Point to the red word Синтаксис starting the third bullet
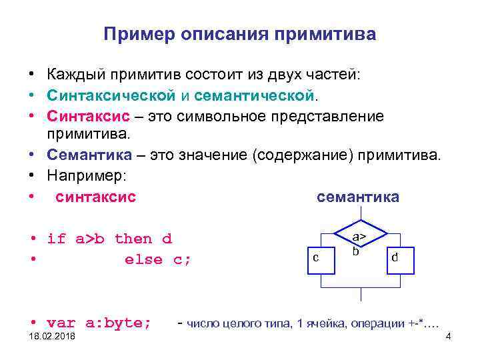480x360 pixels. (81, 116)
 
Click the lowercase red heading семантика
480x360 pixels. (357, 197)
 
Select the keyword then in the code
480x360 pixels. (133, 239)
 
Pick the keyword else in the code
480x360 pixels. (143, 259)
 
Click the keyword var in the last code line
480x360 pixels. (61, 323)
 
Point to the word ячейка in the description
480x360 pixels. (323, 324)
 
